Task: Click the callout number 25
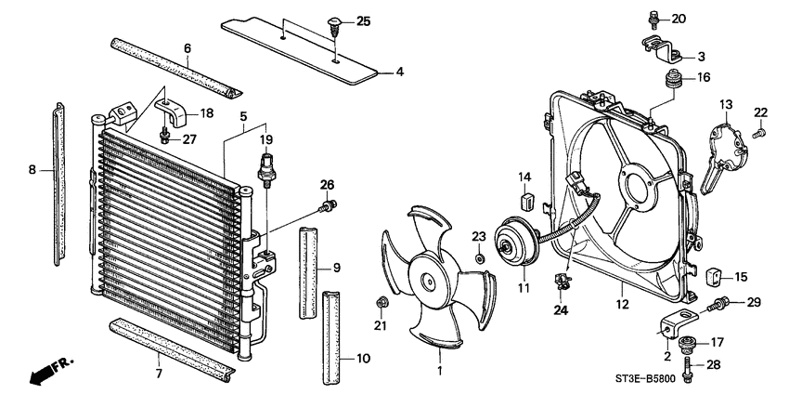(x=362, y=20)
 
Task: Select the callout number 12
(x=619, y=302)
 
